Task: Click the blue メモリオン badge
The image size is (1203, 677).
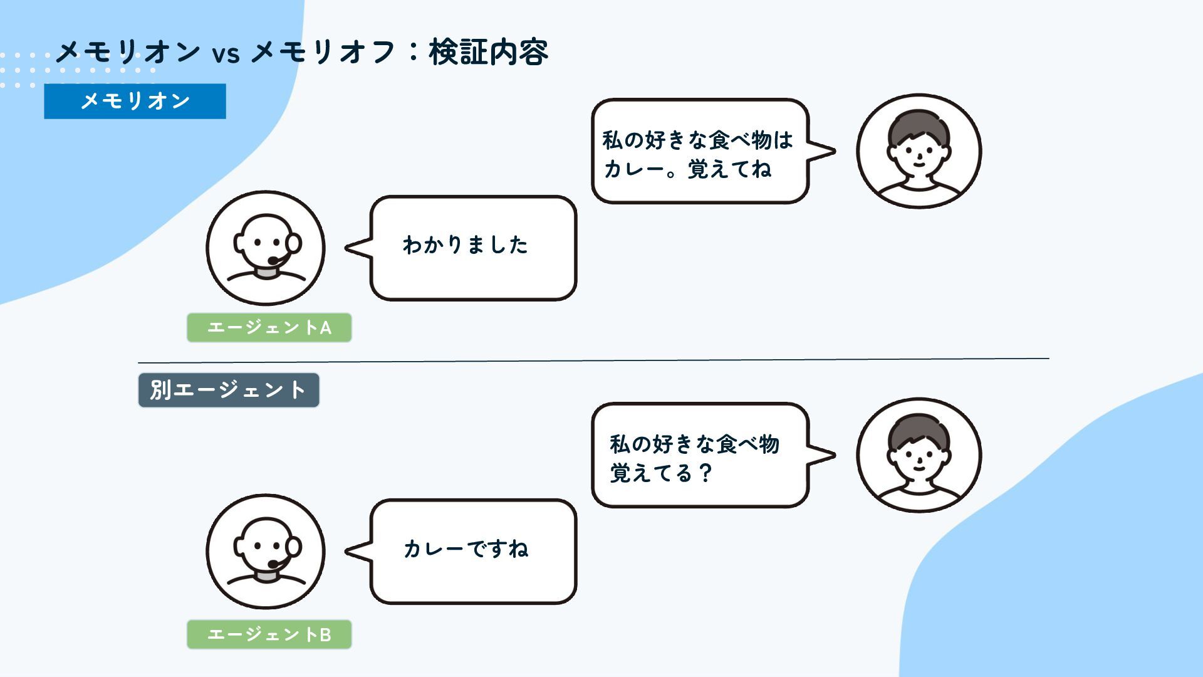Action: tap(135, 101)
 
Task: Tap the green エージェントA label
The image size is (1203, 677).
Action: tap(269, 327)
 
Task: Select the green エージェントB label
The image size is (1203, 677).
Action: tap(269, 634)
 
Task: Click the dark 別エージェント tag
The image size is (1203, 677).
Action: tap(228, 390)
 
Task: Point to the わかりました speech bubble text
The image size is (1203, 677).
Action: tap(465, 245)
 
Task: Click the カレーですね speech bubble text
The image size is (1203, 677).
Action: tap(466, 549)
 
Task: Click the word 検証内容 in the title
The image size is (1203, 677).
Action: tap(489, 52)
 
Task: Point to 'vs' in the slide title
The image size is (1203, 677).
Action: tap(226, 54)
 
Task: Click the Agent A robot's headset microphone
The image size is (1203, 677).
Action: tap(274, 260)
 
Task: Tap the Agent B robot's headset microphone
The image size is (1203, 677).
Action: tap(274, 564)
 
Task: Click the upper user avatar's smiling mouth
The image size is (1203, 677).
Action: tap(919, 165)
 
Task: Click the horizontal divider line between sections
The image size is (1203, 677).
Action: tap(593, 360)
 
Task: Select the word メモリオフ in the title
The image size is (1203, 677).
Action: tap(323, 52)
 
